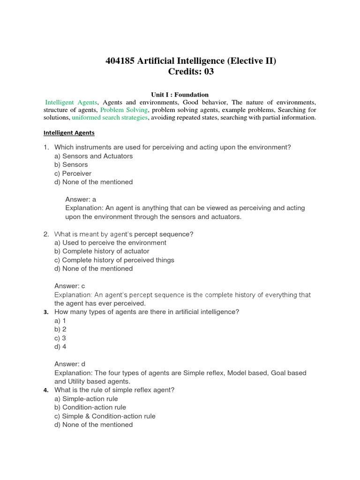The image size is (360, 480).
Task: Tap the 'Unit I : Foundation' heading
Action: [x=180, y=94]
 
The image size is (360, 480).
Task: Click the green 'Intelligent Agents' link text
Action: [x=71, y=102]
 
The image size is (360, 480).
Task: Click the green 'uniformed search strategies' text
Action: [x=110, y=117]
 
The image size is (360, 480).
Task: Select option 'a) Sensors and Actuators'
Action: [x=93, y=156]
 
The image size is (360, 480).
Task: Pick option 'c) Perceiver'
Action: [x=73, y=173]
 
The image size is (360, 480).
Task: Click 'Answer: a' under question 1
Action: [x=81, y=199]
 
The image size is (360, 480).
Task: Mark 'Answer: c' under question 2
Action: [x=70, y=286]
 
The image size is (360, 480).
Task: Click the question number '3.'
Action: [x=46, y=312]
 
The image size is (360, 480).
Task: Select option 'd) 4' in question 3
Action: [x=60, y=347]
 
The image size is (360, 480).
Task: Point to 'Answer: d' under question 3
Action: [x=70, y=364]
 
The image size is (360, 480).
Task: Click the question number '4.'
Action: [x=46, y=390]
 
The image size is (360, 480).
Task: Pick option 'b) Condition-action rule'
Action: [x=90, y=407]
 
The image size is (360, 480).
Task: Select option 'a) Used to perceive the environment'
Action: [x=110, y=243]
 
